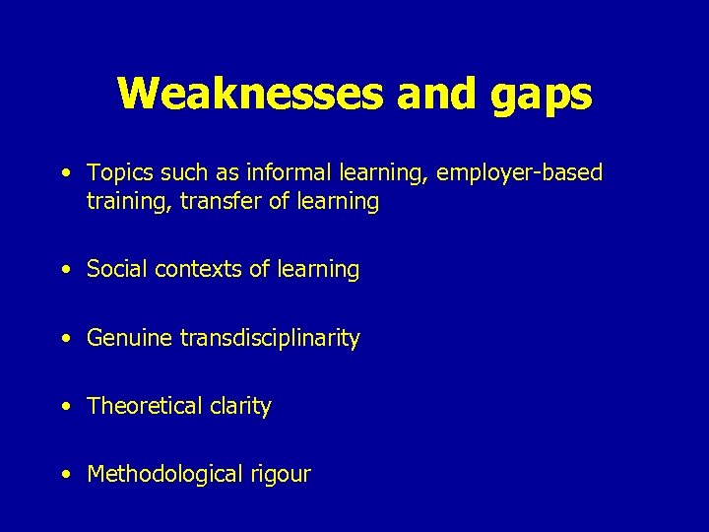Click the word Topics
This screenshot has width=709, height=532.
(x=117, y=173)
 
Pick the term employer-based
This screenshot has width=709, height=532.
(x=520, y=173)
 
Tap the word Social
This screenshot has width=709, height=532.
(x=114, y=269)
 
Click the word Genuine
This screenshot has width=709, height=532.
(x=130, y=339)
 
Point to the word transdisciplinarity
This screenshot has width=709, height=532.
(x=270, y=339)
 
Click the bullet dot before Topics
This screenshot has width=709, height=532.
(x=64, y=174)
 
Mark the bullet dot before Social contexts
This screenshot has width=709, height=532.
(x=64, y=270)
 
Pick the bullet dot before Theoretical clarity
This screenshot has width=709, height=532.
(x=64, y=407)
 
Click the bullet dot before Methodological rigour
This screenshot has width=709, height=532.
(x=64, y=475)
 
